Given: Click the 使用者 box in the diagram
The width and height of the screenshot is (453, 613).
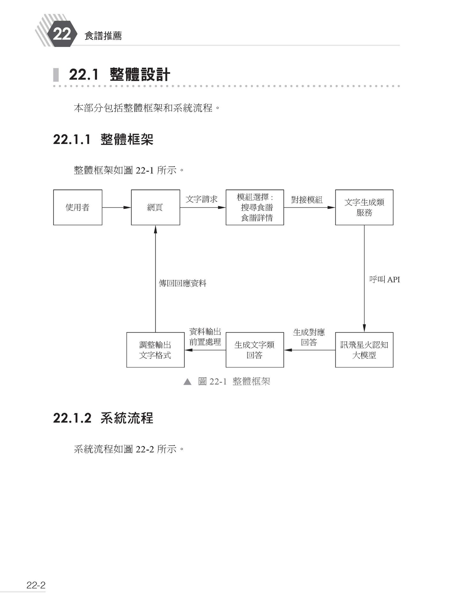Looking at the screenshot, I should click(x=78, y=208).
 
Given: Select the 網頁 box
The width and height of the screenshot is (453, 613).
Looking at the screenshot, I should click(x=155, y=208).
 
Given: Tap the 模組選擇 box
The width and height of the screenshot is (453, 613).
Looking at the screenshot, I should click(x=255, y=208).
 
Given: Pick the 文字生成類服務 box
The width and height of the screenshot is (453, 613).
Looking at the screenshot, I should click(x=364, y=208).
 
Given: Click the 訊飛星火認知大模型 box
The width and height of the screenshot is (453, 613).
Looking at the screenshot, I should click(x=364, y=350).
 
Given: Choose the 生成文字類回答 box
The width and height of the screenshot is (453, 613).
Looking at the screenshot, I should click(x=255, y=350).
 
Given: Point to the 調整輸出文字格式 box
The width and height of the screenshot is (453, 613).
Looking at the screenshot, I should click(x=155, y=350).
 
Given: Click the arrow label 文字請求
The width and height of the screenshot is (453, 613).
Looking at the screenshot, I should click(x=201, y=199).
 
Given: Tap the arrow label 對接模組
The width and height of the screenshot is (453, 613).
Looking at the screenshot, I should click(x=307, y=200).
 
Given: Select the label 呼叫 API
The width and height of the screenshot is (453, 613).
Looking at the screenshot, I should click(x=384, y=280).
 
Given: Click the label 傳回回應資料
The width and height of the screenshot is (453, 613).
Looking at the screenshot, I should click(x=183, y=283).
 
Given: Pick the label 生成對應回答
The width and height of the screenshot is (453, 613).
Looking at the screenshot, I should click(x=309, y=337).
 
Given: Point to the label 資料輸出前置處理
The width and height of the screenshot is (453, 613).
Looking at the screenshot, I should click(x=205, y=337).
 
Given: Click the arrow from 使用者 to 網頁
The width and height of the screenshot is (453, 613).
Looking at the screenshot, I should click(x=117, y=208).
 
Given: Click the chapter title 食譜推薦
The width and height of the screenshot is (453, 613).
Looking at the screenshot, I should click(x=103, y=36).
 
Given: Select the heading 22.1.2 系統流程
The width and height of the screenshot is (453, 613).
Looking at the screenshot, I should click(x=103, y=418).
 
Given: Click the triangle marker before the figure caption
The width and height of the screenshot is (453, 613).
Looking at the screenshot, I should click(x=187, y=382).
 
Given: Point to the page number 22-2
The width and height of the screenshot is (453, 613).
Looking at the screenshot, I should click(x=36, y=585).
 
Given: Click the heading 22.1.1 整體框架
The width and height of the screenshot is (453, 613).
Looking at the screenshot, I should click(x=103, y=140).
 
